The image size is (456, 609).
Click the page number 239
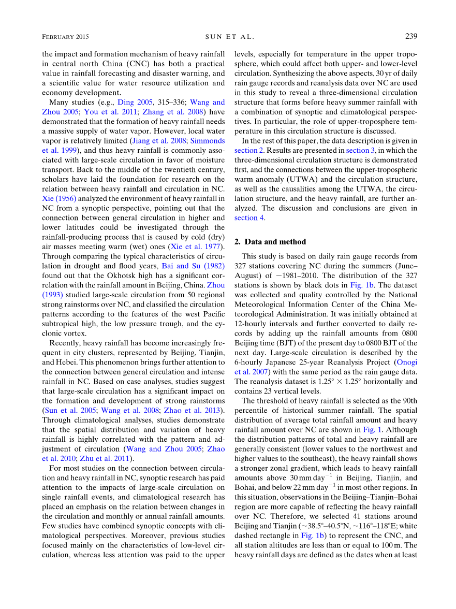411,37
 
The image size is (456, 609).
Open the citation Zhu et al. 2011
106,458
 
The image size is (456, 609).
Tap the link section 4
249,218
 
